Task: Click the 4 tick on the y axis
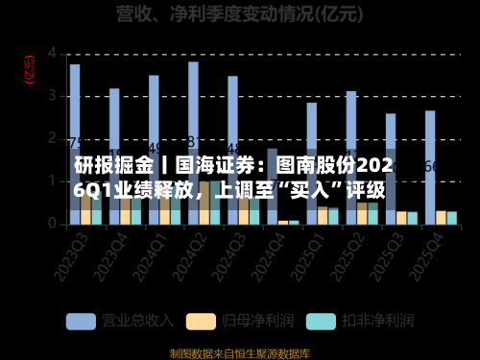point(53,52)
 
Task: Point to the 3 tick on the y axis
point(53,94)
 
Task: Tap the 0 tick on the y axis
point(53,223)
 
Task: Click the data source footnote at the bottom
point(240,352)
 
